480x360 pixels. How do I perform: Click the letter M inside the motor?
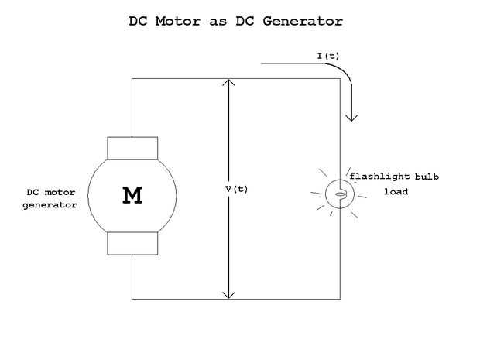[x=132, y=196]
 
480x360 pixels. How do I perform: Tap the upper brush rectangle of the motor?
[x=132, y=148]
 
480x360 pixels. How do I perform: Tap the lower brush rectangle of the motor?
[x=132, y=243]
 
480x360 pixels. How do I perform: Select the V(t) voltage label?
[x=236, y=189]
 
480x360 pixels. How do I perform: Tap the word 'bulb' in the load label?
[x=426, y=177]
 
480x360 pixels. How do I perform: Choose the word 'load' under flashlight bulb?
[x=396, y=191]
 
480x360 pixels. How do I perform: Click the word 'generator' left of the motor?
[x=50, y=205]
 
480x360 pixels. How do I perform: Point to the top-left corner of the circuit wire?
[x=132, y=78]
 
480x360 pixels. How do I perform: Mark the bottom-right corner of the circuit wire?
[x=340, y=298]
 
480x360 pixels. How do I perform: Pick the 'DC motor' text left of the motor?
[x=50, y=192]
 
